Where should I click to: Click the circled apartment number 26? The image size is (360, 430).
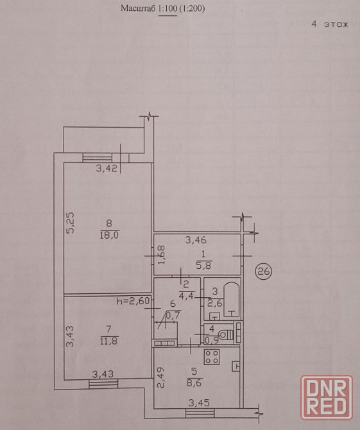263,271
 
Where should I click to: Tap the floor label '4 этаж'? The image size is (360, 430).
330,24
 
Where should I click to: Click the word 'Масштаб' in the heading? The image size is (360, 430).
139,8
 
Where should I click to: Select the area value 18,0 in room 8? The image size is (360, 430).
109,235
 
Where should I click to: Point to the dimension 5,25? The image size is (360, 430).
71,223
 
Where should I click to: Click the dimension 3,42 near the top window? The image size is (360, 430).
106,168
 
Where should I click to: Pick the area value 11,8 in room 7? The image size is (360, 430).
109,341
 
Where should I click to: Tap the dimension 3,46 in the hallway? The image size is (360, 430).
196,240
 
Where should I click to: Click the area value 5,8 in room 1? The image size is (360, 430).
203,265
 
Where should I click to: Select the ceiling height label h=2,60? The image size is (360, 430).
133,301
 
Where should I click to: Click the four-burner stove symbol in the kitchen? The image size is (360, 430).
212,357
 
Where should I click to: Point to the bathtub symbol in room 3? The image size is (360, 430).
232,300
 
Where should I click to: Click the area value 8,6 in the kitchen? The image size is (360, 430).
194,383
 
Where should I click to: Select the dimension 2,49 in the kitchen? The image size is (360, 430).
161,377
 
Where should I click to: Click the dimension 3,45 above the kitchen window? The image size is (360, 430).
199,402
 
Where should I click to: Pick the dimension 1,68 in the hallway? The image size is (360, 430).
162,255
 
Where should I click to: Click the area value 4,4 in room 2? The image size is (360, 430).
187,296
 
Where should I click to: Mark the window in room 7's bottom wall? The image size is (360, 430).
104,383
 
